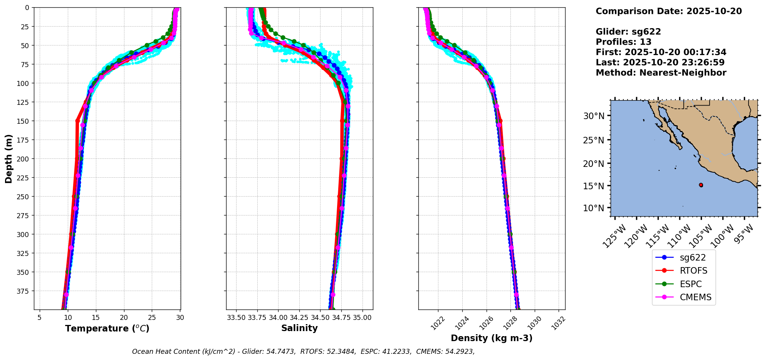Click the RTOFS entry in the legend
(693, 271)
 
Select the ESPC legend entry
(690, 284)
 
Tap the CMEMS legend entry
(695, 297)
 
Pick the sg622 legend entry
(693, 257)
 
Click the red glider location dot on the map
(701, 185)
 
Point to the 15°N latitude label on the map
(594, 186)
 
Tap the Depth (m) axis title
(9, 158)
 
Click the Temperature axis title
(107, 328)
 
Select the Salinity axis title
(299, 328)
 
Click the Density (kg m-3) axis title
(492, 338)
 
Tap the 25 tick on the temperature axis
(152, 318)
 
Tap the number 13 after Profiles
(645, 42)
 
